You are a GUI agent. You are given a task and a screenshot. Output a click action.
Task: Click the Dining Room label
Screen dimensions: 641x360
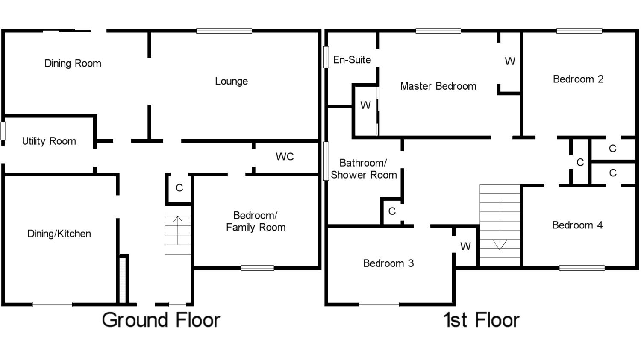(x=73, y=63)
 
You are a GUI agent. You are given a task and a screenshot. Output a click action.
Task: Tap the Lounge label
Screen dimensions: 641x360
(x=231, y=81)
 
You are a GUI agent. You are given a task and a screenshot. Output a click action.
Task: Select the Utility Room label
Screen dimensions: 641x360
(x=49, y=141)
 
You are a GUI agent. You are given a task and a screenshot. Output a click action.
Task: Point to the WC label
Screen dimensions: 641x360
(x=285, y=156)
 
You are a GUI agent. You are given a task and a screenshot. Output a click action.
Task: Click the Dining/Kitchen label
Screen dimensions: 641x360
(x=59, y=234)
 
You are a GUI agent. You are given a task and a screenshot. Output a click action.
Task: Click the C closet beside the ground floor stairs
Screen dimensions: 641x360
(x=179, y=188)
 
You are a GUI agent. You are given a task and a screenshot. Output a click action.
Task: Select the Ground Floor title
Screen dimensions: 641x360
(x=161, y=320)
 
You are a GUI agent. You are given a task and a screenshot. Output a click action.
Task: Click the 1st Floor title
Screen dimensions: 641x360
(x=481, y=320)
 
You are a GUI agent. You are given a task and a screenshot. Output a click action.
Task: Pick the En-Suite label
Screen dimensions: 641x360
(x=352, y=60)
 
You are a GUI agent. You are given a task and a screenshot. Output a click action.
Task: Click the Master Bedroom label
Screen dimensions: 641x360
(x=438, y=86)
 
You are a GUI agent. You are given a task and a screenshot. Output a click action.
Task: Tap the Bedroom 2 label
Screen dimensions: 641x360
(x=578, y=79)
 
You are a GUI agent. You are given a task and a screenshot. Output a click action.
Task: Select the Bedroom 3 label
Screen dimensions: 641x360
(x=388, y=263)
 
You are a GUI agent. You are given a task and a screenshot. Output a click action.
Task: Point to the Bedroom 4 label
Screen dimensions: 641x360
(x=577, y=225)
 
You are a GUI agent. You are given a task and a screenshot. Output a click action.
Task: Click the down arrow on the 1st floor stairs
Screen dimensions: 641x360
(x=500, y=226)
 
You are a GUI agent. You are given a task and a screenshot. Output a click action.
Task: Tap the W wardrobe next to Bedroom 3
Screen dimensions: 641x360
(x=466, y=246)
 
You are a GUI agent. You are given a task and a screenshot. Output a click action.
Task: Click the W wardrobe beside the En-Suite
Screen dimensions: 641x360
(x=365, y=105)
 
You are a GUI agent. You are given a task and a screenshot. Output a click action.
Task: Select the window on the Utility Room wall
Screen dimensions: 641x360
(x=3, y=131)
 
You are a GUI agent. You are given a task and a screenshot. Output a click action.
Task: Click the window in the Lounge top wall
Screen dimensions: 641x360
(x=224, y=31)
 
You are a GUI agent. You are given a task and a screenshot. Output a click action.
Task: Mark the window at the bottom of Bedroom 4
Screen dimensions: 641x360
(x=582, y=268)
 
